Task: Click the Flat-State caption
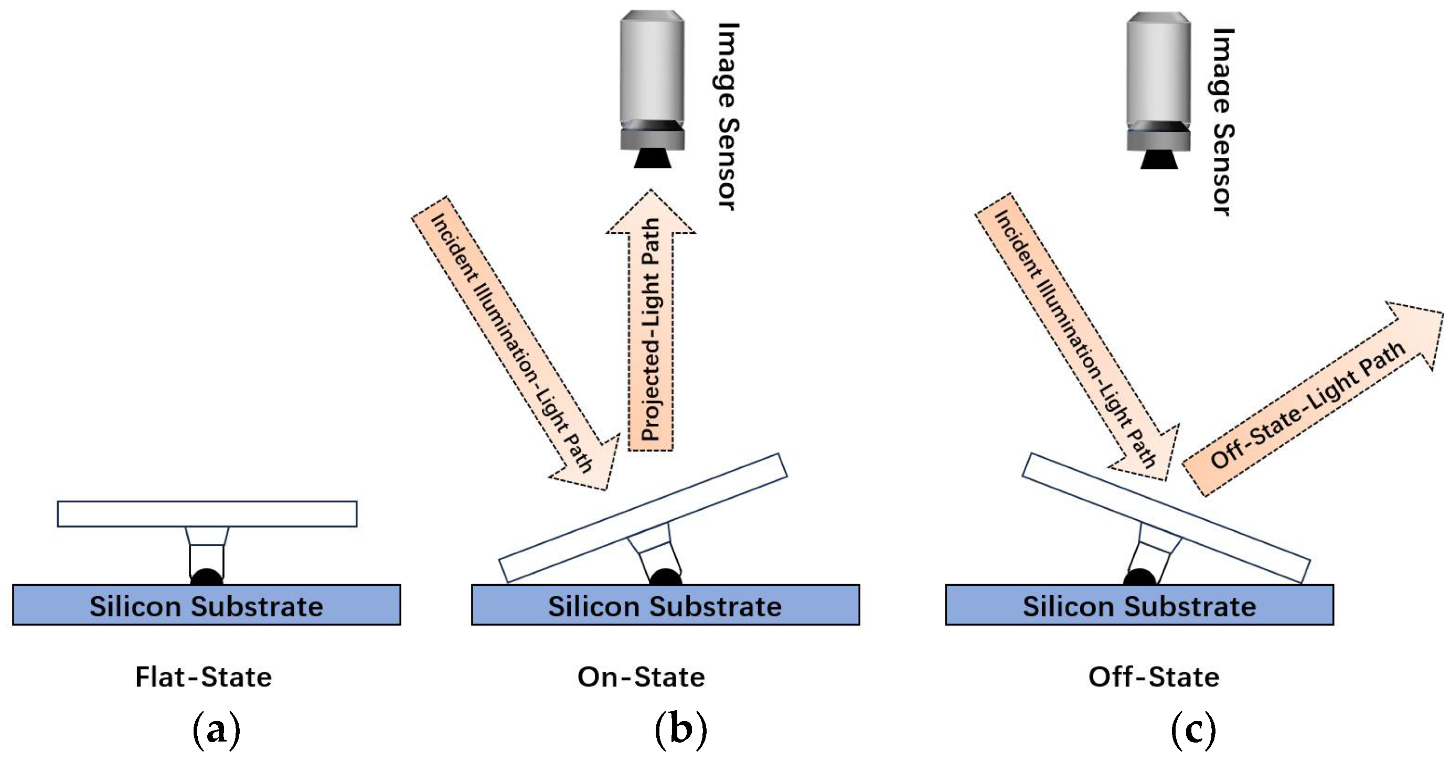[x=203, y=677]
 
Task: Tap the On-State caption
[x=641, y=677]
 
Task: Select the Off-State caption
[x=1154, y=677]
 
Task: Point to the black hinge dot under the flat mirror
[x=207, y=577]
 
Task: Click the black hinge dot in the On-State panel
[x=665, y=577]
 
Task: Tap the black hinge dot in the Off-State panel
[x=1139, y=577]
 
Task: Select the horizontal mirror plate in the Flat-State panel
[x=207, y=514]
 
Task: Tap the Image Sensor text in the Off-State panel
[x=1223, y=121]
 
